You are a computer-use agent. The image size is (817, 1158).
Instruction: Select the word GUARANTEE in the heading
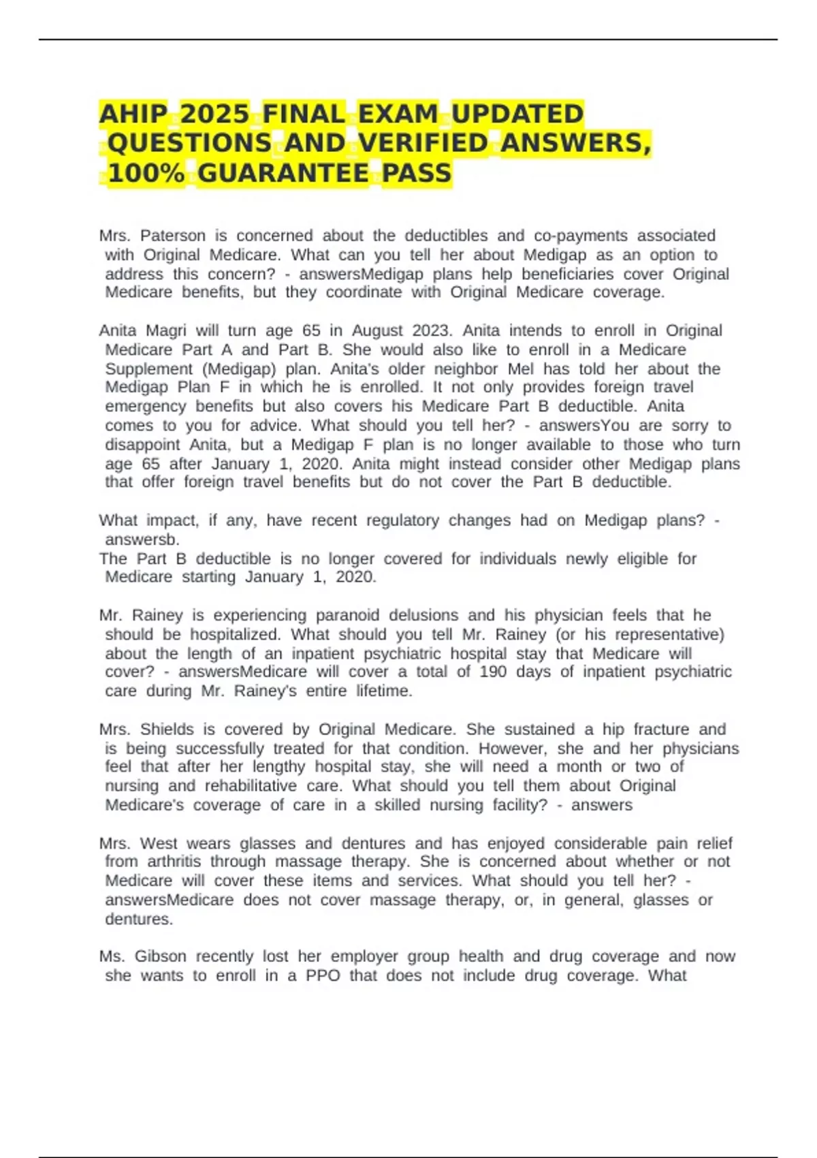[283, 173]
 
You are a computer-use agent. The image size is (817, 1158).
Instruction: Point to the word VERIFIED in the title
[423, 143]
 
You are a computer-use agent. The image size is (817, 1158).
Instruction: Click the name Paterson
[173, 236]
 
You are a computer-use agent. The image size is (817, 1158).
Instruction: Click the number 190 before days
[492, 672]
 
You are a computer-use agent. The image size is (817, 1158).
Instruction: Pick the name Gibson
[160, 956]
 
